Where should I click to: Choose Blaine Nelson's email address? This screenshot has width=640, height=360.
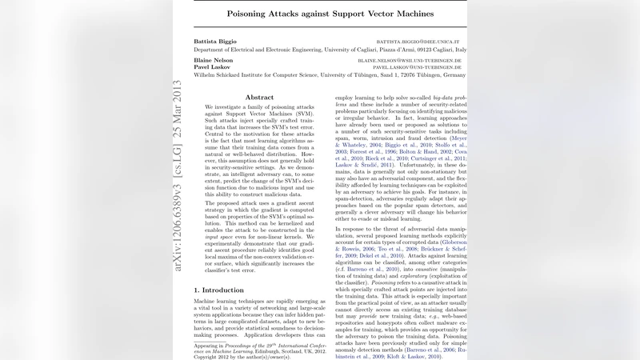[410, 60]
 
